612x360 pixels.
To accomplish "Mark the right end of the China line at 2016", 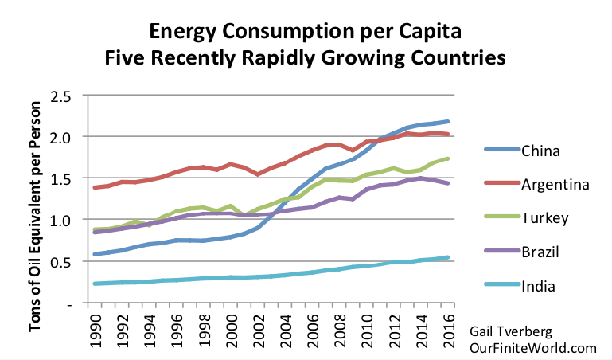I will [449, 121].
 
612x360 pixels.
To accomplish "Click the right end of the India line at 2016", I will [449, 257].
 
